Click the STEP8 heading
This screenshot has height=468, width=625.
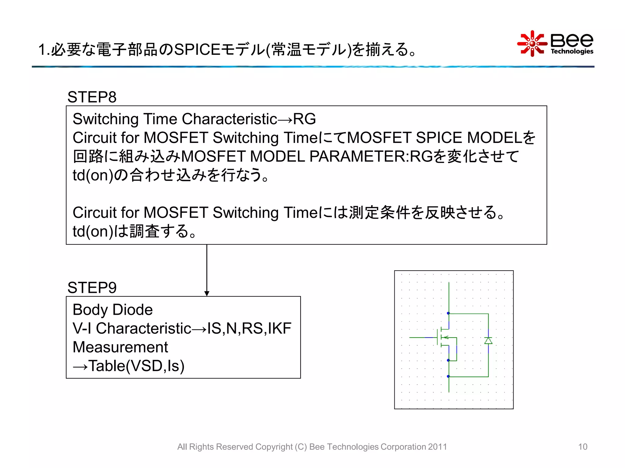[92, 97]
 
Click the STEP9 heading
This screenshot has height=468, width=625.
[92, 288]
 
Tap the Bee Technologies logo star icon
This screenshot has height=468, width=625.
[532, 44]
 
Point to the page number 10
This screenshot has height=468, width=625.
[583, 447]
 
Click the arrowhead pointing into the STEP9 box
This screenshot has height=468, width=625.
[207, 293]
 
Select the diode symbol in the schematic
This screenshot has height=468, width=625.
[488, 340]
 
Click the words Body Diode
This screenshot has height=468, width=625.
[113, 310]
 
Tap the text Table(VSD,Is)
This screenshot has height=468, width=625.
[136, 366]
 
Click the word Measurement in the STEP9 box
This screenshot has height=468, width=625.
[120, 347]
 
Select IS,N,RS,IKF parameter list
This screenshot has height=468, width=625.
[249, 328]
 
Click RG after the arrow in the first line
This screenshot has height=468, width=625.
[304, 119]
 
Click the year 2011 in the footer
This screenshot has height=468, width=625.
[437, 447]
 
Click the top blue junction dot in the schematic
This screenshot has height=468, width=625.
[448, 313]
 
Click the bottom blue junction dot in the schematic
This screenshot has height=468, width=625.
[448, 377]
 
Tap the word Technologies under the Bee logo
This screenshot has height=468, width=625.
[572, 51]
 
